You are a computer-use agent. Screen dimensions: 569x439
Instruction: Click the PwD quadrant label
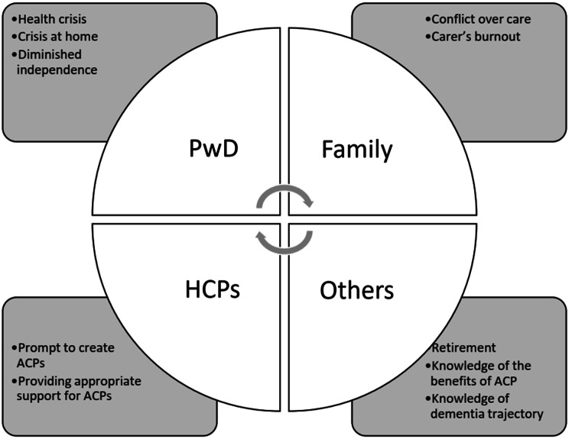(213, 148)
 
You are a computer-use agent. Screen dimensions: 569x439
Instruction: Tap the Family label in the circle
(357, 150)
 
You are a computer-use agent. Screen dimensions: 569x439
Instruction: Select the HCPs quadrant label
(213, 289)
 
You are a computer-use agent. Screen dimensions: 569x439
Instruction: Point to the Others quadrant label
(356, 290)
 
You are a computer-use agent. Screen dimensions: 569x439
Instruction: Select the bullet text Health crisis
(52, 19)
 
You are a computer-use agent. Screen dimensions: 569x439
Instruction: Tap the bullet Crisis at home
(58, 37)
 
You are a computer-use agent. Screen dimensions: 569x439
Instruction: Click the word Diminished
(50, 54)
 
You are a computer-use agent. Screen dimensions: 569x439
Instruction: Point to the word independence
(57, 70)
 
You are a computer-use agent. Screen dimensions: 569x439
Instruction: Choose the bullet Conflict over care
(481, 19)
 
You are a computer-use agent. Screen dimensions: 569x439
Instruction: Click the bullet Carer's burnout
(476, 37)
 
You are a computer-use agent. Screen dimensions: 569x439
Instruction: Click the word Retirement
(463, 347)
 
